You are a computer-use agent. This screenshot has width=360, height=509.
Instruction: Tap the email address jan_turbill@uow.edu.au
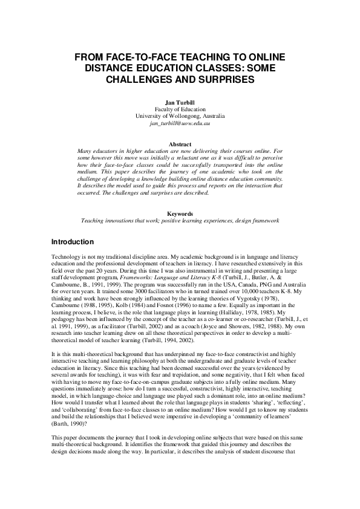(180, 123)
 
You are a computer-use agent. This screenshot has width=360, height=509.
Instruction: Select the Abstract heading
(180, 144)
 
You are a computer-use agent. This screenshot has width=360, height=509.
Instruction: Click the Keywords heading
(180, 214)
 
